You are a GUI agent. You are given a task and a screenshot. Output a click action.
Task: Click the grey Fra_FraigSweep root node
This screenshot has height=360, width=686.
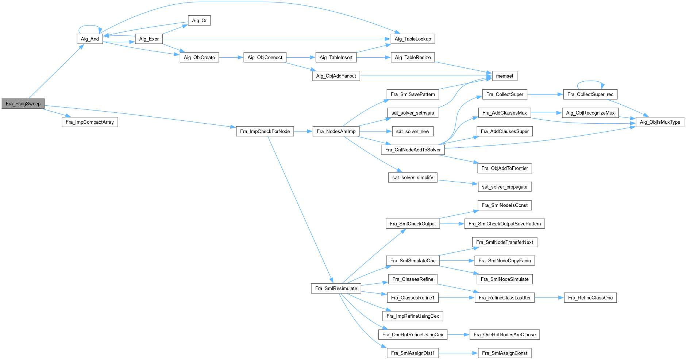(x=23, y=104)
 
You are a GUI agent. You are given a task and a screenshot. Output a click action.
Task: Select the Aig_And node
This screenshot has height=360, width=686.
(x=90, y=39)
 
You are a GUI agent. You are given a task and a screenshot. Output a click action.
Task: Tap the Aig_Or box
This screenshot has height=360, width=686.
(x=199, y=20)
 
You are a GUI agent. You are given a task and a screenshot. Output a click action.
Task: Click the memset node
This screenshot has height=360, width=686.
(x=505, y=76)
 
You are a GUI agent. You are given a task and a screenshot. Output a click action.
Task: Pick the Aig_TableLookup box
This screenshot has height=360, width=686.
(x=413, y=39)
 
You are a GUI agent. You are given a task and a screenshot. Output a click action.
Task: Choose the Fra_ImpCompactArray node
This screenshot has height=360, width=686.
(x=90, y=122)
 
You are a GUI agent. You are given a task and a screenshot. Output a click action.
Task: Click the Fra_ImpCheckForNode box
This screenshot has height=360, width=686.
(x=265, y=131)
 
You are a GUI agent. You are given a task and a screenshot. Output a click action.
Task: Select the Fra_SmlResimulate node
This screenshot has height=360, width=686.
(x=336, y=288)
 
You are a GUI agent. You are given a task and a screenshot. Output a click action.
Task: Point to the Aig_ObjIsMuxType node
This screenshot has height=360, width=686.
(x=660, y=122)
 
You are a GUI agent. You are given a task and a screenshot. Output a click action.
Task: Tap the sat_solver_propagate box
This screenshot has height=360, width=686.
(x=505, y=187)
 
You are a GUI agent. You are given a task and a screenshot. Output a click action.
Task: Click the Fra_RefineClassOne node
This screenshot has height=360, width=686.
(x=590, y=298)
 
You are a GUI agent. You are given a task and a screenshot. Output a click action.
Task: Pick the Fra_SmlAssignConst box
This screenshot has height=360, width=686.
(x=505, y=353)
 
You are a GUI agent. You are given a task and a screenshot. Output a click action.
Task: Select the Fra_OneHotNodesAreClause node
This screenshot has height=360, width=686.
(x=505, y=334)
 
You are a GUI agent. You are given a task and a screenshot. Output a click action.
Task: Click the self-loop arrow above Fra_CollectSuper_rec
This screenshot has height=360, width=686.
(x=590, y=81)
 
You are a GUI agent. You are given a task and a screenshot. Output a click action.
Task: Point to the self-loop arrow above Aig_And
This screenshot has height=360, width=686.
(x=90, y=26)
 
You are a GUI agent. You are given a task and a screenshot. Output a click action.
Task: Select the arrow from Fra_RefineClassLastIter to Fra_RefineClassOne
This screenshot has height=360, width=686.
(x=549, y=298)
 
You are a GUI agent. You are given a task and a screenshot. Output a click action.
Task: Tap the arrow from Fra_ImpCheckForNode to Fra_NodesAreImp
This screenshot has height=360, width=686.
(x=303, y=131)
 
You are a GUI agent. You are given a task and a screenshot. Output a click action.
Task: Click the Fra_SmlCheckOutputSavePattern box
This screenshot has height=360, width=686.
(x=505, y=224)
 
